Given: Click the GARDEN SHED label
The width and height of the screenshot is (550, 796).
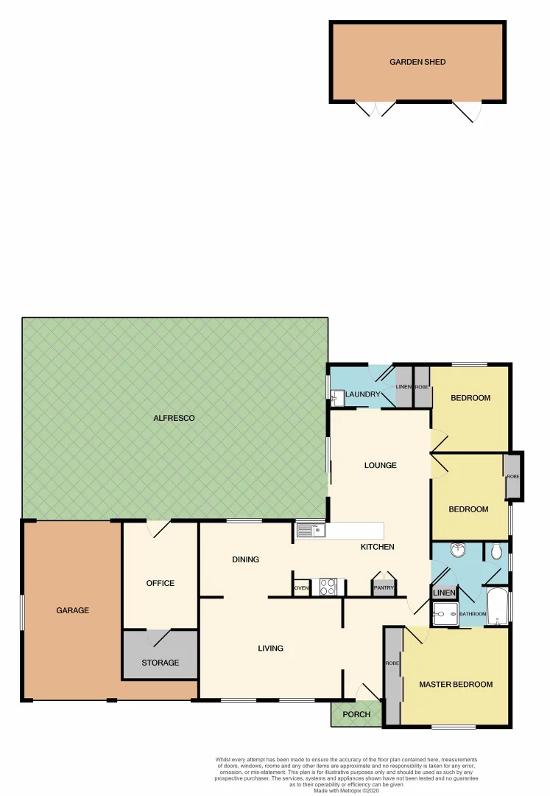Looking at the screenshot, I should click(x=417, y=62).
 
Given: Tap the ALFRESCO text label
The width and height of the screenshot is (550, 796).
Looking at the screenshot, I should click(x=174, y=419).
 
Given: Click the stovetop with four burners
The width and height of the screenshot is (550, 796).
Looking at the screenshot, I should click(x=328, y=587).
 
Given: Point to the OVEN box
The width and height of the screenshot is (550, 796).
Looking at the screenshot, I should click(x=301, y=588).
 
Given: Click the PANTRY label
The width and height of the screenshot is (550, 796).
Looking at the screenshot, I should click(x=384, y=587).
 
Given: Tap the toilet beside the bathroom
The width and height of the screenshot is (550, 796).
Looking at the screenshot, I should click(x=496, y=551).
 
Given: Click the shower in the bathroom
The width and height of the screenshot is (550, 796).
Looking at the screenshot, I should click(x=444, y=612).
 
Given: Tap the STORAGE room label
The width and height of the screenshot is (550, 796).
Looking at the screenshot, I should click(x=161, y=663).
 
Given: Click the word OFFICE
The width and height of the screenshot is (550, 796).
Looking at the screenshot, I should click(x=161, y=583).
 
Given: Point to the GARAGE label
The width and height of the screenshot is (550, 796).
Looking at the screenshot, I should click(x=72, y=610).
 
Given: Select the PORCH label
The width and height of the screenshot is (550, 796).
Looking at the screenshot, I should click(x=356, y=714).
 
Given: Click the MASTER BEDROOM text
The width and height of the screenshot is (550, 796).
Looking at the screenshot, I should click(x=456, y=685).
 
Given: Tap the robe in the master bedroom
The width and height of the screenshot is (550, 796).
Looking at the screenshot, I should click(x=392, y=674).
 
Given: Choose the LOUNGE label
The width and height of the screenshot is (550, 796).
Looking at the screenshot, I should click(x=381, y=465).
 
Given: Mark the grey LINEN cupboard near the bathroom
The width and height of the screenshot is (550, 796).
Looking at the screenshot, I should click(x=444, y=593).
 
